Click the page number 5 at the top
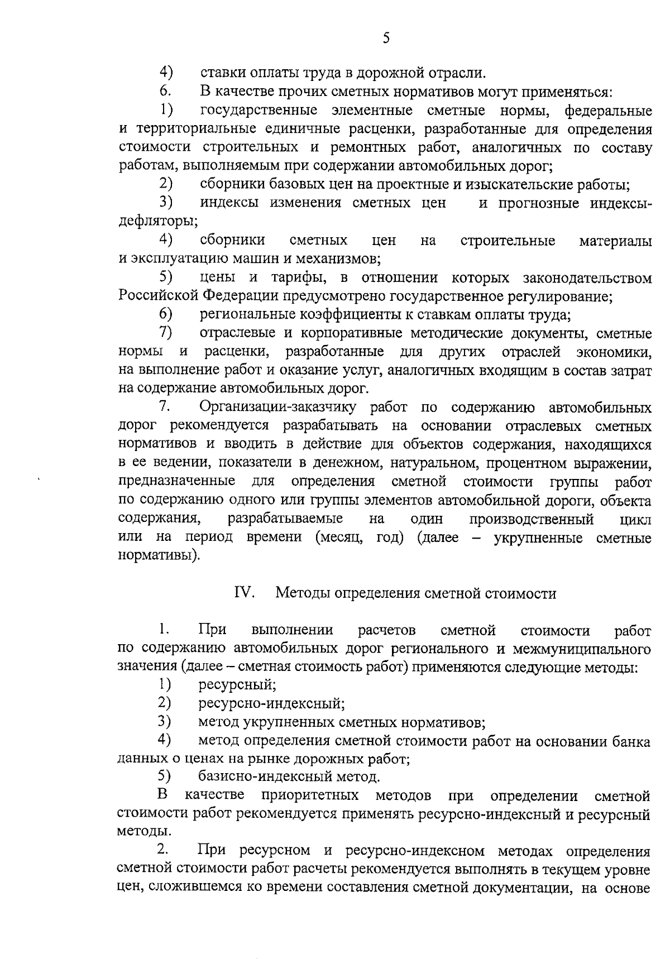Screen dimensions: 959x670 pos(386,38)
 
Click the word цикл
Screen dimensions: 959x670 pos(635,519)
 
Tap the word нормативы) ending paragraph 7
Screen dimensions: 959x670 pos(159,556)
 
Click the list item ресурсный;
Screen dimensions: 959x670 pos(237,684)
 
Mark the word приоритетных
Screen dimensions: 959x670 pos(310,795)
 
